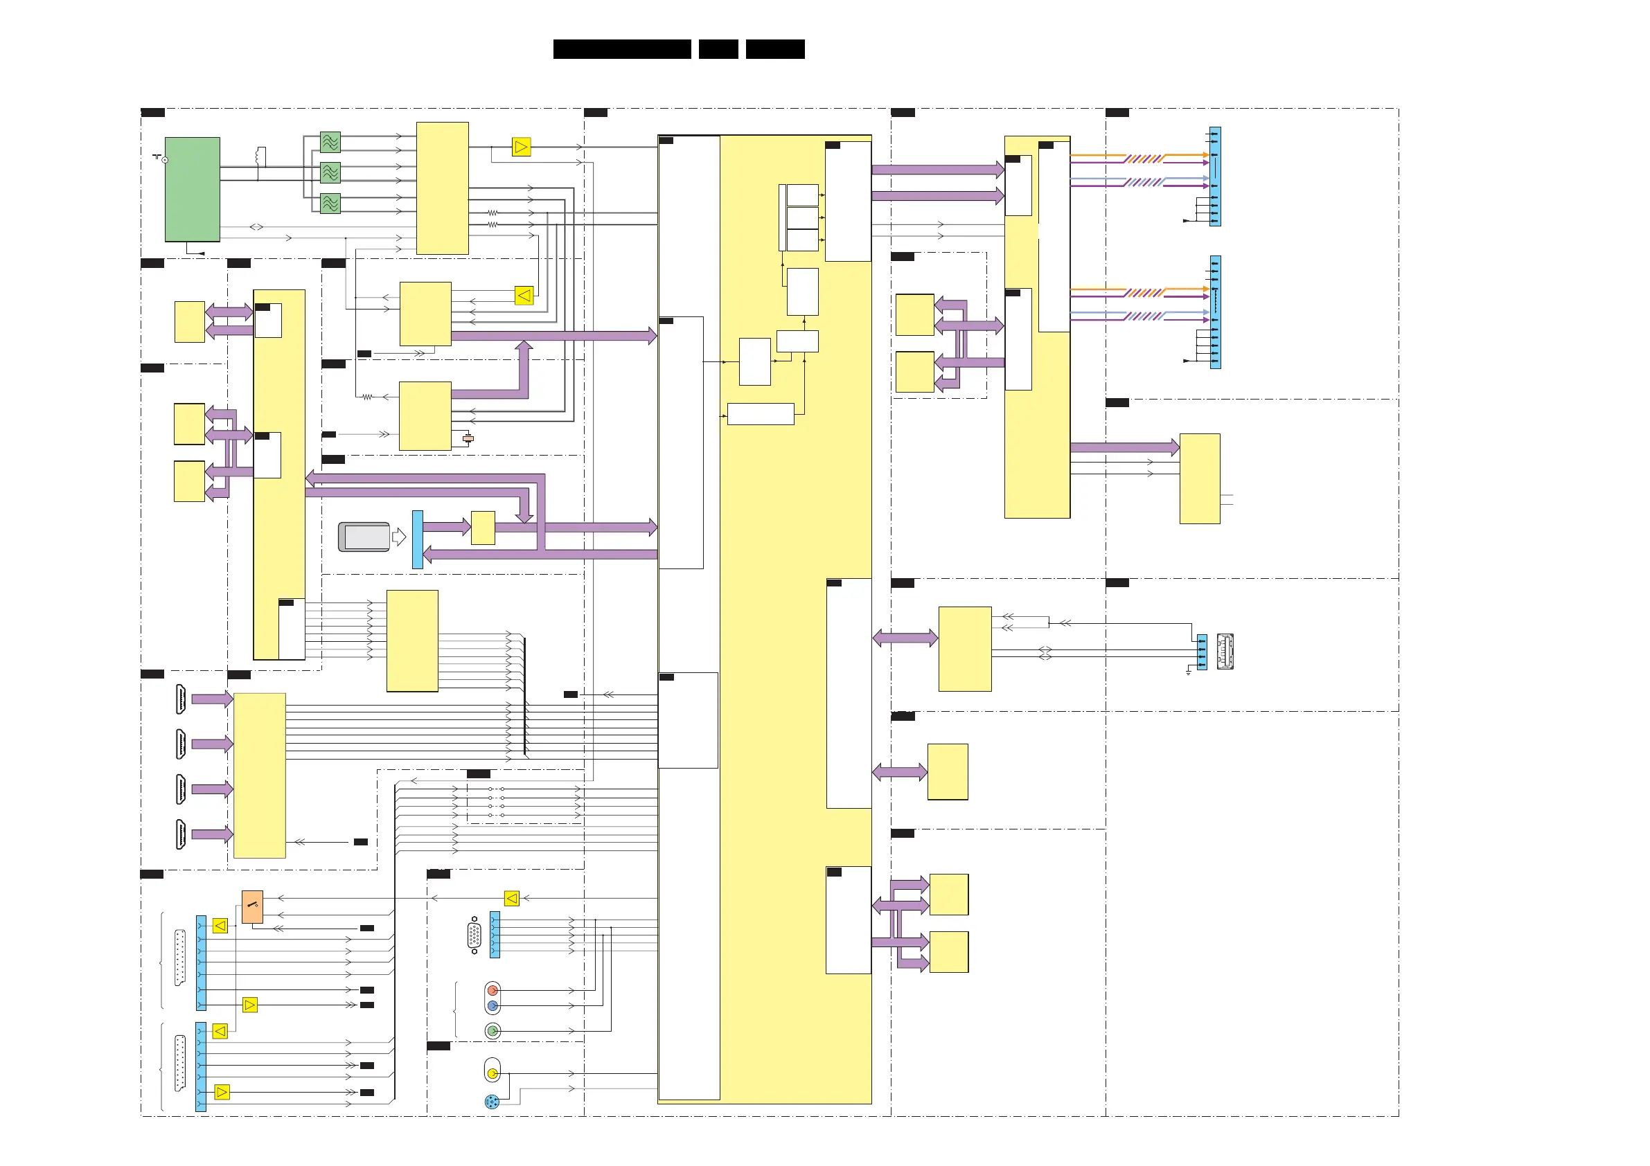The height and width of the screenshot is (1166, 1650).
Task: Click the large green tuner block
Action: tap(192, 189)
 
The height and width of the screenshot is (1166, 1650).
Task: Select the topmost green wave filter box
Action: tap(330, 142)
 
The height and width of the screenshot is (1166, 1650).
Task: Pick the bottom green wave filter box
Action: tap(330, 204)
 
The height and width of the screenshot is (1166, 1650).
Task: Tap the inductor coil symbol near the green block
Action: tap(261, 156)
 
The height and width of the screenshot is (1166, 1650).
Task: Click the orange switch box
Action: tap(252, 906)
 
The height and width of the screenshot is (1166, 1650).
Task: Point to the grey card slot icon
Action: tap(364, 537)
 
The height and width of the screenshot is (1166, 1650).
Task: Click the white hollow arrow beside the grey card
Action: tap(399, 537)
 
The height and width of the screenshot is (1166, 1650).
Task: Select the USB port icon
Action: tap(1225, 651)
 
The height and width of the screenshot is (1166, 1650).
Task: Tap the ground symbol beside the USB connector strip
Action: tap(1189, 672)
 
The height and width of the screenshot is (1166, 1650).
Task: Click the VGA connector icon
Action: tap(474, 935)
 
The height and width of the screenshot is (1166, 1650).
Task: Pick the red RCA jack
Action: tap(493, 991)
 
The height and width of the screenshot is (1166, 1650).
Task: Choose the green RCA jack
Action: tap(493, 1031)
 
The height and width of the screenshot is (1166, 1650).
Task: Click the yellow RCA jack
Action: tap(493, 1073)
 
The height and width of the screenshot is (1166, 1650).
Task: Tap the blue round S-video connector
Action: tap(492, 1102)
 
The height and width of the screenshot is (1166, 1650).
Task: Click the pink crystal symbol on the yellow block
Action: tap(468, 438)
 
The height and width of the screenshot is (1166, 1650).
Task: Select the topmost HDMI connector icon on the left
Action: tap(181, 699)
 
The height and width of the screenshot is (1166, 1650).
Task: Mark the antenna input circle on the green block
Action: tap(166, 160)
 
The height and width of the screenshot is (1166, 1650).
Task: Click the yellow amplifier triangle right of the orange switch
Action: tap(512, 898)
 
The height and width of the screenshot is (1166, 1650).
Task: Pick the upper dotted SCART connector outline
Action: tap(179, 958)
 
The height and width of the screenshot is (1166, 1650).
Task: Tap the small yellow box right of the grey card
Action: tap(482, 528)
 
